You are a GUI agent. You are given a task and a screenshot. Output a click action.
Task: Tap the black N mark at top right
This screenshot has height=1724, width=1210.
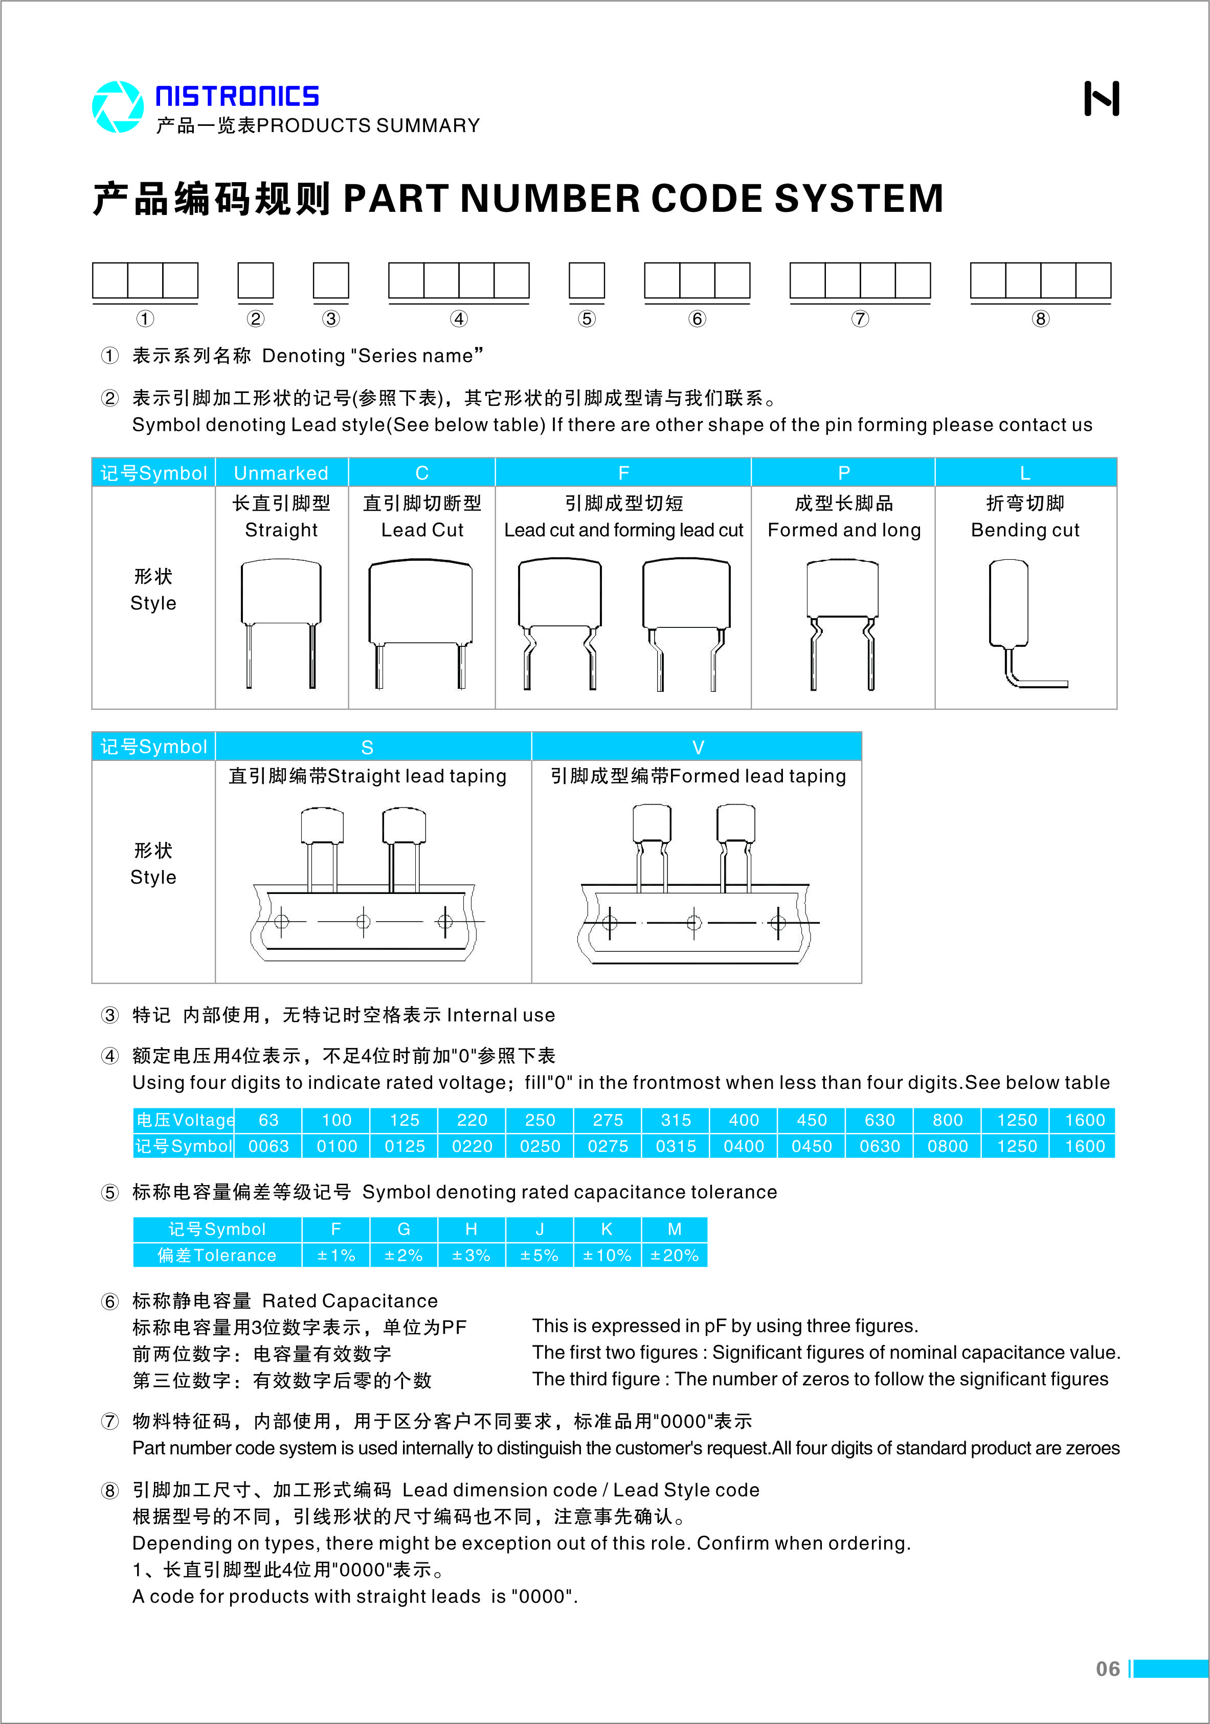click(1101, 98)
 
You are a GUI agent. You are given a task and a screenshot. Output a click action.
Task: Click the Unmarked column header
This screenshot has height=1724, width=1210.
click(281, 473)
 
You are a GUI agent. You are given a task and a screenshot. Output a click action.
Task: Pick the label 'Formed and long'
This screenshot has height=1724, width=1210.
click(844, 530)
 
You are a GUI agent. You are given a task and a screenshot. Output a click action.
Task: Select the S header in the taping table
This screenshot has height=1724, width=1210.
click(367, 747)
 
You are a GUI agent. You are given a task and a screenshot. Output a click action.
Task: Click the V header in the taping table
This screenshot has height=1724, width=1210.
click(698, 747)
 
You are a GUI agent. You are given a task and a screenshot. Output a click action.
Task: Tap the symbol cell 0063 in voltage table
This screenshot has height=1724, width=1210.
click(268, 1147)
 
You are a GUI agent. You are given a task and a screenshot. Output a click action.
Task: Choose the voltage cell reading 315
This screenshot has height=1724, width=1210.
click(676, 1120)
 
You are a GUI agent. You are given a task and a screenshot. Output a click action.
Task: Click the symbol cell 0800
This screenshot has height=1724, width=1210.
click(947, 1147)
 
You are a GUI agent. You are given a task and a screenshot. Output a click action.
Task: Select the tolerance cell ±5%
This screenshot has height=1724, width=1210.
click(539, 1255)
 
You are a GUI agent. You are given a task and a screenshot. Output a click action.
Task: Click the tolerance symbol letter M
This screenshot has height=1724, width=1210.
click(674, 1229)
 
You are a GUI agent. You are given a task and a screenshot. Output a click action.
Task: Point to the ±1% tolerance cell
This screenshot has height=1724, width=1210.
click(335, 1255)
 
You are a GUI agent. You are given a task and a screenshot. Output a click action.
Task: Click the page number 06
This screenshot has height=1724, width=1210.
click(1107, 1669)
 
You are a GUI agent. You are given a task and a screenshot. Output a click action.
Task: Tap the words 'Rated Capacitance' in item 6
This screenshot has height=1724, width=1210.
click(350, 1301)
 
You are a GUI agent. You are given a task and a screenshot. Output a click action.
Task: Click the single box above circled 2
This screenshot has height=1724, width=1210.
click(255, 281)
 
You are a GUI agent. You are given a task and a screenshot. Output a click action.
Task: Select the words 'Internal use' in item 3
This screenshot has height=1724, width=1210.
click(501, 1015)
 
